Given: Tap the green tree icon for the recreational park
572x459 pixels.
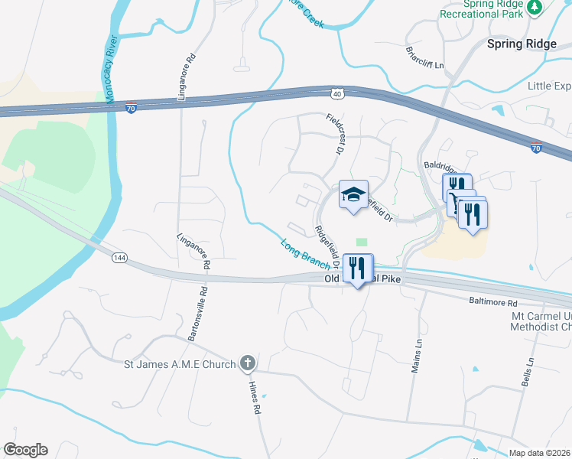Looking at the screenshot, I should coord(536,8).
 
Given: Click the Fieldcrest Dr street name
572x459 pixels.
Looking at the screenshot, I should coord(333,134).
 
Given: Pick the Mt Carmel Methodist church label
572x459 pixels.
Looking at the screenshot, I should coord(540,321).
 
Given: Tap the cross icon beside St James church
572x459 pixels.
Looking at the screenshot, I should coord(247,363).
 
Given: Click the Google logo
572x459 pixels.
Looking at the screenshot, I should coord(25,450).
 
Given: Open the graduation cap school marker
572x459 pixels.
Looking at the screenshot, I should coord(353,196).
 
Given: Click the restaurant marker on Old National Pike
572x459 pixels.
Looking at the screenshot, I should coord(357,269).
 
